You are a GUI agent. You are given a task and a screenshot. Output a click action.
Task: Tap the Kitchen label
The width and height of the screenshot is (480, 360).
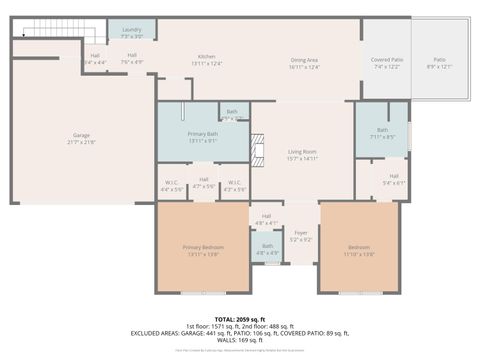click(x=207, y=59)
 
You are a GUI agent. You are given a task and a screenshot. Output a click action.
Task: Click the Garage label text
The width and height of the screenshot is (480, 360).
click(x=81, y=138)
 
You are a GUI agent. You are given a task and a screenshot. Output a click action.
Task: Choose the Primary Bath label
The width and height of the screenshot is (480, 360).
click(x=203, y=136)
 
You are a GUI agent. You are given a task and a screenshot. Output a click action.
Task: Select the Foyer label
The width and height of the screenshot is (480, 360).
click(x=300, y=237)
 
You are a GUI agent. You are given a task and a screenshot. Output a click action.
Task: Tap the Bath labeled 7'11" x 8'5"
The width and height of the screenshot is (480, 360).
click(x=382, y=132)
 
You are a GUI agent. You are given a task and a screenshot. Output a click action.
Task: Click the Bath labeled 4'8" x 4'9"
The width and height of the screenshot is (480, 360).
click(x=267, y=250)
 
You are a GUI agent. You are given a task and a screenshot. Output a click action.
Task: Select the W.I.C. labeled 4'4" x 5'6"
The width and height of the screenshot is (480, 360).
click(x=172, y=184)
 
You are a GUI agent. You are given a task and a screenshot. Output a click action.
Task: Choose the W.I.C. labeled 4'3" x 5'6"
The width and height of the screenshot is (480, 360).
click(x=234, y=184)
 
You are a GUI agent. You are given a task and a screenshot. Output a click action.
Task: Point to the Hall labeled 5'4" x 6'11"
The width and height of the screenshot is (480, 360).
click(x=394, y=179)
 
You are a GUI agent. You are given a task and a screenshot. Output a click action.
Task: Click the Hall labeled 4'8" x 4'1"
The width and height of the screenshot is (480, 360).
click(x=267, y=218)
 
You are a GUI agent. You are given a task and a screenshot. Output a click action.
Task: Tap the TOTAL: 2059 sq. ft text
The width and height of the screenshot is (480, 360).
click(x=240, y=318)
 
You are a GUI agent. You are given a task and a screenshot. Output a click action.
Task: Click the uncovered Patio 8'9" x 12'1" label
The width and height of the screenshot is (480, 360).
click(x=439, y=63)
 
